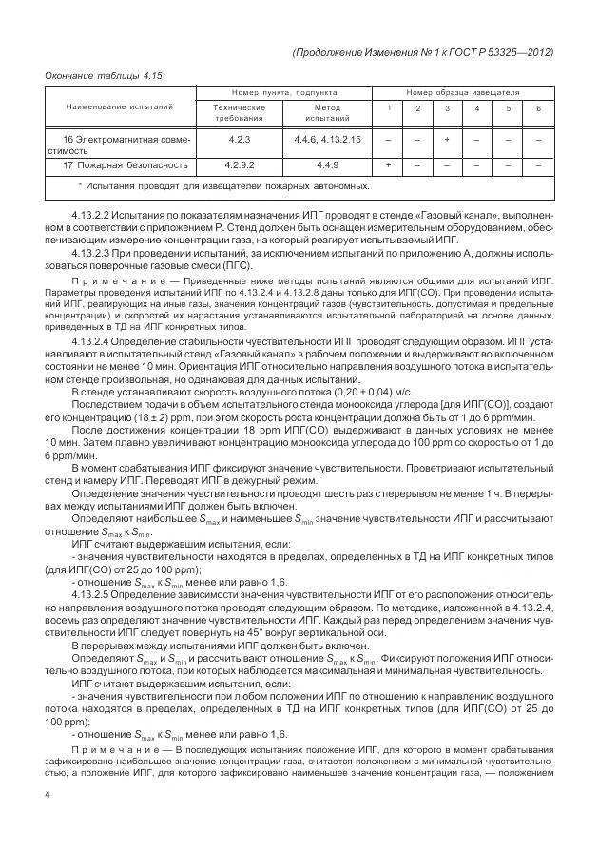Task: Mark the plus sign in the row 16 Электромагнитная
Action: (447, 140)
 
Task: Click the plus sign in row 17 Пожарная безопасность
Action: (388, 165)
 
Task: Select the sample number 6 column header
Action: (538, 109)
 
